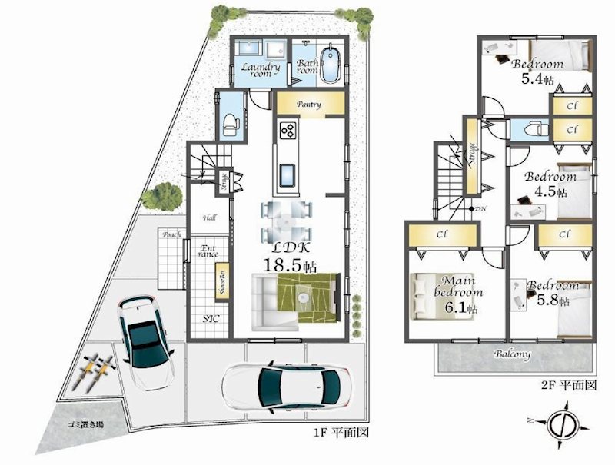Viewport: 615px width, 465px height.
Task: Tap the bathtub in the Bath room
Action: pos(332,65)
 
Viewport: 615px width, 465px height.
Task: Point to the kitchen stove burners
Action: pos(288,130)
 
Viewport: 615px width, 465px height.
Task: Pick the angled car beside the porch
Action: pos(146,335)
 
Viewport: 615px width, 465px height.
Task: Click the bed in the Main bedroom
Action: pos(424,296)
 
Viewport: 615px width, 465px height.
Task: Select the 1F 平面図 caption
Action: pos(338,433)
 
